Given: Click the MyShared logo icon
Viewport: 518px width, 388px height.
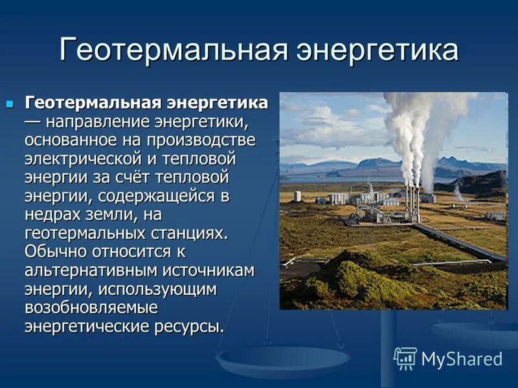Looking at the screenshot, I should (x=405, y=358).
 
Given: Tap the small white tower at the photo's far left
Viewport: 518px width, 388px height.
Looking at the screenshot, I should (x=297, y=196).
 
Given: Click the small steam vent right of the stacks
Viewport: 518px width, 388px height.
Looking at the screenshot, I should (x=458, y=192).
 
